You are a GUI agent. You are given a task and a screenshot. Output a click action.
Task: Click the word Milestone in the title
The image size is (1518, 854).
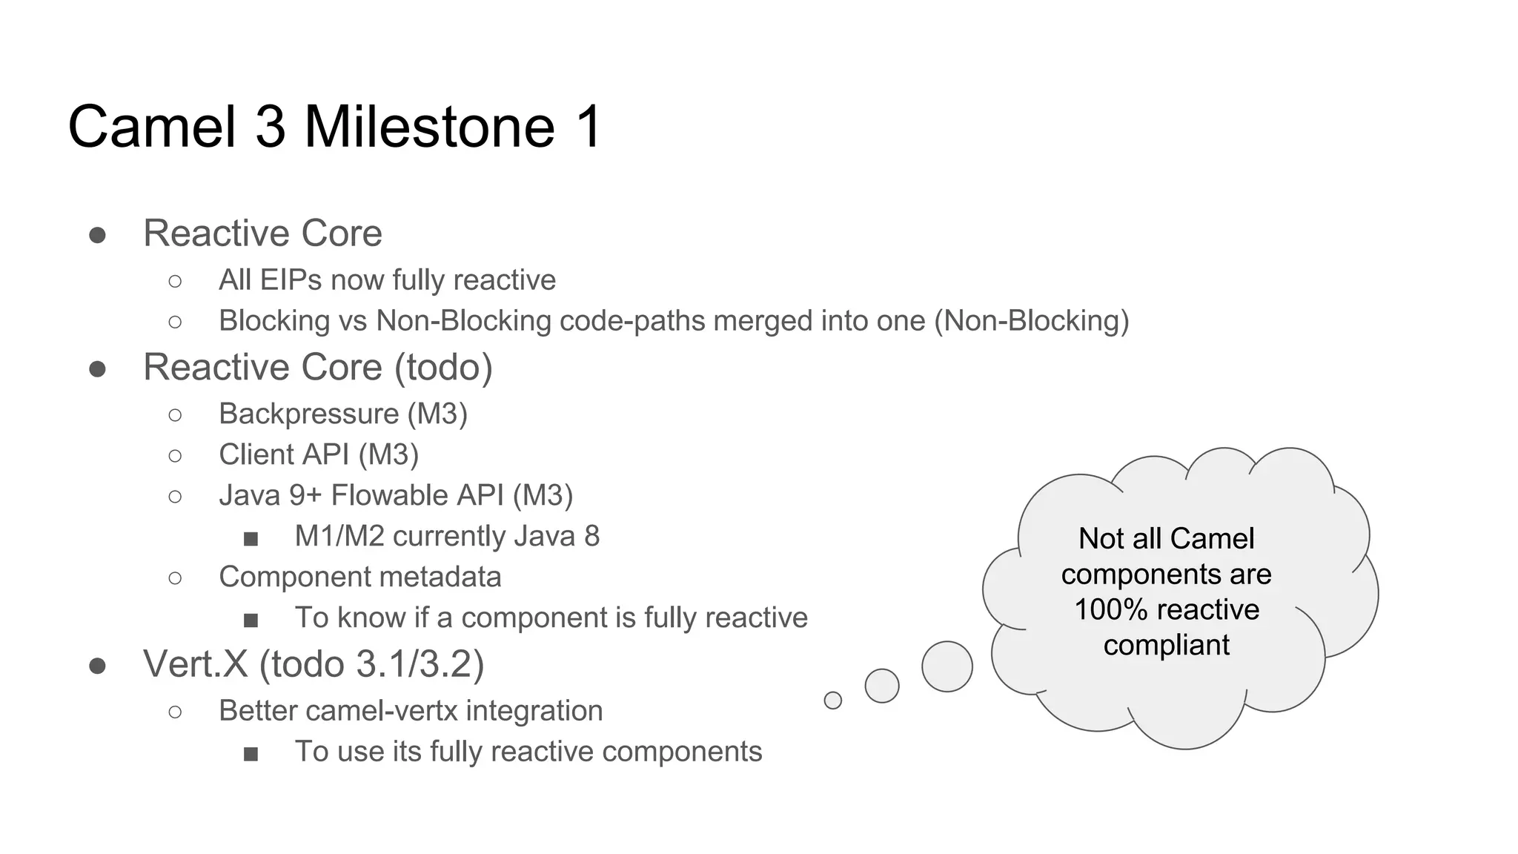430,127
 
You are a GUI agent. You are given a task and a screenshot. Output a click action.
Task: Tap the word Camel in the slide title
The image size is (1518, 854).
151,127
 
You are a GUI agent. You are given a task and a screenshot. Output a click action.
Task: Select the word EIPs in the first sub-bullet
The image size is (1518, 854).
285,280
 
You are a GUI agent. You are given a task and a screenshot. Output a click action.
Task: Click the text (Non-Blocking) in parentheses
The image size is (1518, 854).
1031,321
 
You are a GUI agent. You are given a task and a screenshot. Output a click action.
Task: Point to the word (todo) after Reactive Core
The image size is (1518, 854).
443,367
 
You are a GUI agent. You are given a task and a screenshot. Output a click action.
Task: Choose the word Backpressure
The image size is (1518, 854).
308,414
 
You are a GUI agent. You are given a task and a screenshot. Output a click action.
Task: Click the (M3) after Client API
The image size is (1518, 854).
388,454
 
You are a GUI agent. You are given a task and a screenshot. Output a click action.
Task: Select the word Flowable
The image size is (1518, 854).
417,495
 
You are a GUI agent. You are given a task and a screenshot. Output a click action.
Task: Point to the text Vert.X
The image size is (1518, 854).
195,663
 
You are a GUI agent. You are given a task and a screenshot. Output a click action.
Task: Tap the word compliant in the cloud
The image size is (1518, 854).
1166,645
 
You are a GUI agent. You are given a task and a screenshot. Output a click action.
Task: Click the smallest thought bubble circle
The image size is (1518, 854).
832,700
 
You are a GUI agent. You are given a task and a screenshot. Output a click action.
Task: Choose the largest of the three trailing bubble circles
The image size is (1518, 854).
947,666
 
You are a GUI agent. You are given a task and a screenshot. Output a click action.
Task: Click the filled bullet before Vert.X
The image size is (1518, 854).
97,666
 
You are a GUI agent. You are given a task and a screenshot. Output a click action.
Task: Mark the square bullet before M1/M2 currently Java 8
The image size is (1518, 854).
251,538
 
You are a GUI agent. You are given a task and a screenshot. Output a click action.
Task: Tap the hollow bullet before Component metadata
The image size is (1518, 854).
175,577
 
